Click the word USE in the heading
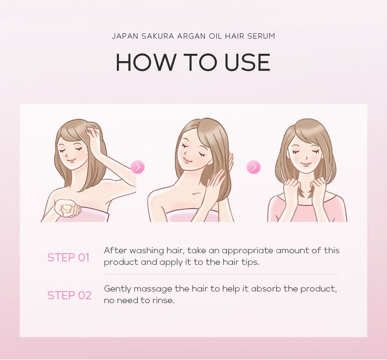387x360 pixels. coord(242,62)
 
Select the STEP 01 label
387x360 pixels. coord(68,258)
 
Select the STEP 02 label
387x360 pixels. coord(69,295)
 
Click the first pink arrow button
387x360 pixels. coord(137,167)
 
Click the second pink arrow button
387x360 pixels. coord(253,167)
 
